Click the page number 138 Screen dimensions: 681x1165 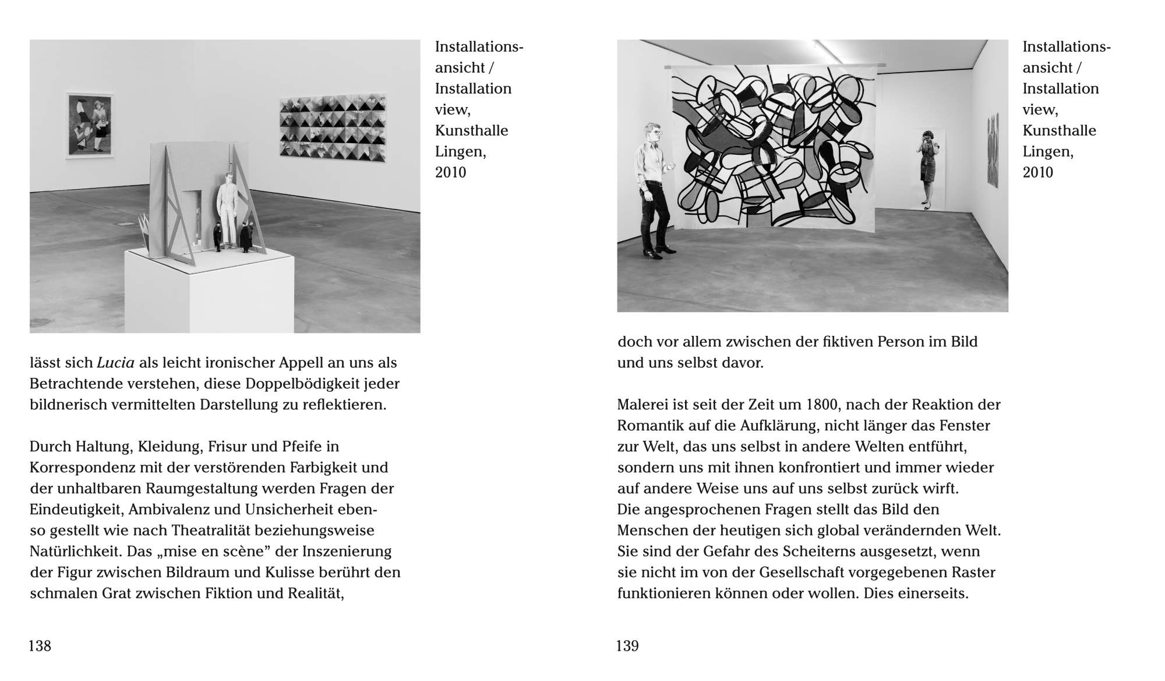point(40,645)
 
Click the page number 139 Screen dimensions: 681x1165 point(627,645)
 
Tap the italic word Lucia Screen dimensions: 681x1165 point(115,363)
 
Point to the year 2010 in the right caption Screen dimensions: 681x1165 point(1038,172)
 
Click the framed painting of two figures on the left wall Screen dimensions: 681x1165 point(89,125)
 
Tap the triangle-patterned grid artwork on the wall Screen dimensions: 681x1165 point(333,129)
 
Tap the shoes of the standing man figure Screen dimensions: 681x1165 point(658,252)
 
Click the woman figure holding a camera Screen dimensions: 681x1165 point(926,169)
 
